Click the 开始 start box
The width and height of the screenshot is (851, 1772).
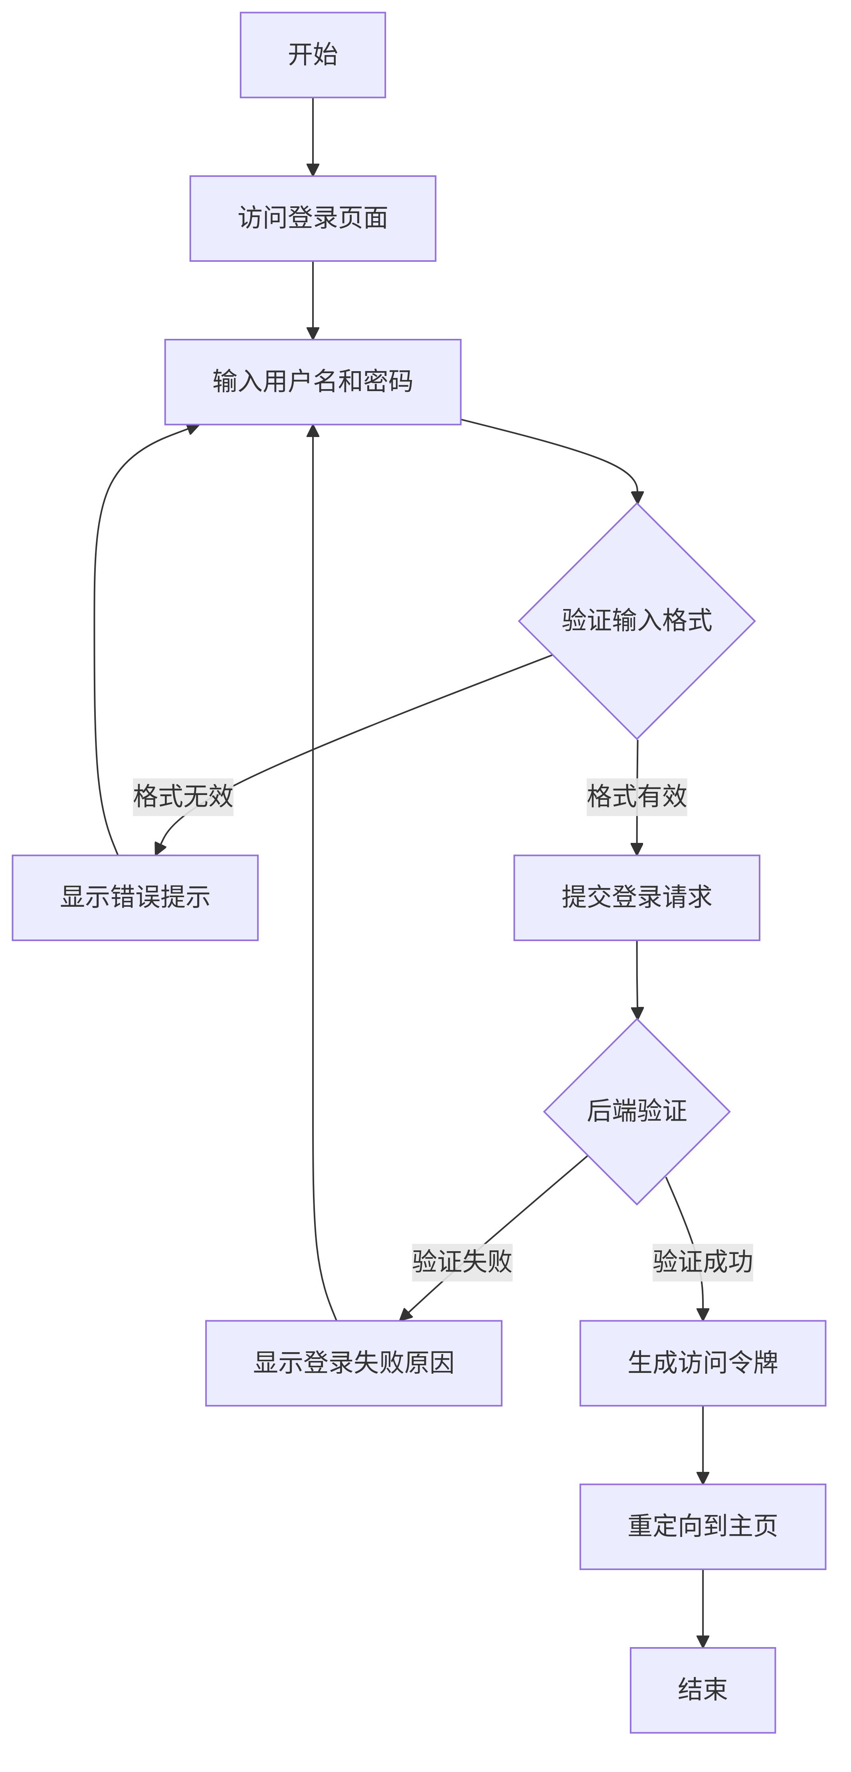click(312, 55)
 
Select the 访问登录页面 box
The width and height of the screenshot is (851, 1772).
click(312, 218)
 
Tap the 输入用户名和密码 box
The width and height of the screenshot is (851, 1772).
click(312, 382)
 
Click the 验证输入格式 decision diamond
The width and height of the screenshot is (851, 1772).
click(636, 621)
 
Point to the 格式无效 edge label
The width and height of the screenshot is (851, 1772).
click(183, 797)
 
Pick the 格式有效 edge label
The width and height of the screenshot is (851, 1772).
click(636, 797)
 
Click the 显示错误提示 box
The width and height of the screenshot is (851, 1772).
click(135, 897)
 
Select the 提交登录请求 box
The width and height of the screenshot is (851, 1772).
click(636, 897)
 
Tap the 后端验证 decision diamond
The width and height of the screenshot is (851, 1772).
click(636, 1111)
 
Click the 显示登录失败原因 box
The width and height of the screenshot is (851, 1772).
click(354, 1363)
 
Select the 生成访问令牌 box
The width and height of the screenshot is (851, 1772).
click(703, 1363)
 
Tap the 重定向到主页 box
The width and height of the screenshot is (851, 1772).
click(703, 1526)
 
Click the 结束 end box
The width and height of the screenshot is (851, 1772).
click(703, 1689)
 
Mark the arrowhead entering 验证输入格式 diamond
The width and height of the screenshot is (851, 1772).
click(637, 496)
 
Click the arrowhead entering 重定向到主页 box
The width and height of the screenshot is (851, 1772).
click(703, 1477)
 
